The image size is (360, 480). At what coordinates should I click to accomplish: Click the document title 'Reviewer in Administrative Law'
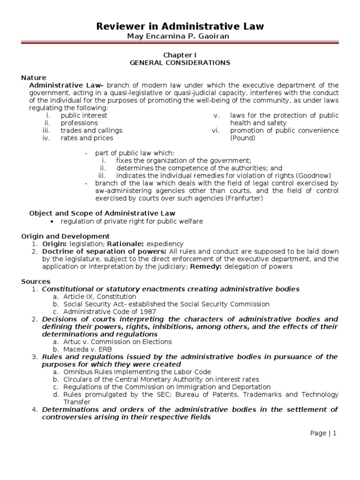pyautogui.click(x=180, y=27)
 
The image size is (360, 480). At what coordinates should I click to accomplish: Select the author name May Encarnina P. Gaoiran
pyautogui.click(x=180, y=37)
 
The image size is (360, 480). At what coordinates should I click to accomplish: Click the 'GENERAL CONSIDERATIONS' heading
pyautogui.click(x=180, y=62)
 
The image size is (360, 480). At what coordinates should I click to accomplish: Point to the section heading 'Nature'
pyautogui.click(x=34, y=77)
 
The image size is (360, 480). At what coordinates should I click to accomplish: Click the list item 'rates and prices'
pyautogui.click(x=87, y=138)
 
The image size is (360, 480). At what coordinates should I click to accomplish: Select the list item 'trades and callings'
pyautogui.click(x=91, y=130)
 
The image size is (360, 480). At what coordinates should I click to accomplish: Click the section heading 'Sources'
pyautogui.click(x=36, y=281)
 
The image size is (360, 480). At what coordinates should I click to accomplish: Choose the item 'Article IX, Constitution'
pyautogui.click(x=99, y=296)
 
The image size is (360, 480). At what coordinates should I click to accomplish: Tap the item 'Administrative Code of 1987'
pyautogui.click(x=109, y=311)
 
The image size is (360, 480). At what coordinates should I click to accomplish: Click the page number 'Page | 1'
pyautogui.click(x=323, y=433)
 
